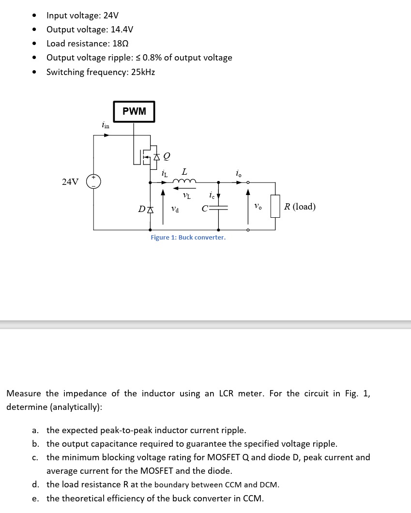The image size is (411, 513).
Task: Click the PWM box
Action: (x=134, y=111)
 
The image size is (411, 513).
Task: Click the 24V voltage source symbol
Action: (x=93, y=181)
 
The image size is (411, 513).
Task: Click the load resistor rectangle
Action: (x=275, y=207)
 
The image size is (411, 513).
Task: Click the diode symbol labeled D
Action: (x=150, y=209)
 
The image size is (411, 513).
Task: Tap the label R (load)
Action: (x=300, y=207)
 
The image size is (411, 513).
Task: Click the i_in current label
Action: (x=106, y=125)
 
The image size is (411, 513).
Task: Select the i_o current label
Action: (x=238, y=173)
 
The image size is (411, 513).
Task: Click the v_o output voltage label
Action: (x=258, y=207)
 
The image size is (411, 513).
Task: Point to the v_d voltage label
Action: (x=175, y=209)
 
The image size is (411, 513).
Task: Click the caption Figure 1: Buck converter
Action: (x=188, y=237)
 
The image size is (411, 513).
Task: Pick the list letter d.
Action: (x=35, y=484)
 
